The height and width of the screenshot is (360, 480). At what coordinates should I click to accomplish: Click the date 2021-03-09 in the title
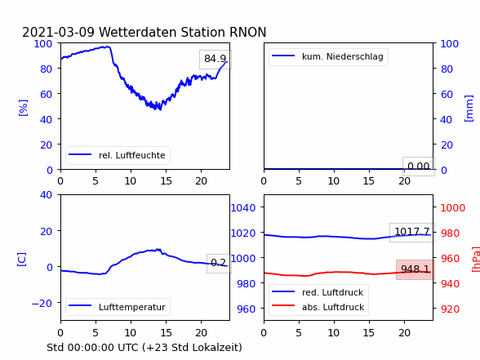point(58,32)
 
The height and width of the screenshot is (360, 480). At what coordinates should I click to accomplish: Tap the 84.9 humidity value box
point(216,59)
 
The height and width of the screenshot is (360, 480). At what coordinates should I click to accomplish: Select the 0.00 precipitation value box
point(419,167)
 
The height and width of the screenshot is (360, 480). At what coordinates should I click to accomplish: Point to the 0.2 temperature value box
point(219,263)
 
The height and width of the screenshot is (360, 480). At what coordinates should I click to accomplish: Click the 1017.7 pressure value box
point(412,232)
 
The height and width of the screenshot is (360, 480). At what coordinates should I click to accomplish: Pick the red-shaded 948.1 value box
point(415,269)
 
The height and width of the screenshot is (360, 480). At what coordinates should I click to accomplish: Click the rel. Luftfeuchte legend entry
point(118,155)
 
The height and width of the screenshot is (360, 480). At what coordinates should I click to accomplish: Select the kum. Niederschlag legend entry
point(328,56)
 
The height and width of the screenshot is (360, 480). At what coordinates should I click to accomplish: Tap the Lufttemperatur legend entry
point(118,307)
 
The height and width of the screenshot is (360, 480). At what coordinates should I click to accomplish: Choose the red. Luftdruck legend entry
point(318,292)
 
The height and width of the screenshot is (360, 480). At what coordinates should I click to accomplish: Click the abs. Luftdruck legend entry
point(318,307)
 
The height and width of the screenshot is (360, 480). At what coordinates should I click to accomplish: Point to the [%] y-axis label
point(23,108)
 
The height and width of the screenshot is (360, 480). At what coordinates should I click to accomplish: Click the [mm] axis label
point(469,109)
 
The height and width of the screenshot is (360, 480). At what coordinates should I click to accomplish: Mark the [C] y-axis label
point(21,260)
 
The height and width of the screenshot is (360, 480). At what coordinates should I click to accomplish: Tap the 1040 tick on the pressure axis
point(243,208)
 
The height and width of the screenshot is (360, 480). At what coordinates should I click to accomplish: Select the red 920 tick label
point(450,309)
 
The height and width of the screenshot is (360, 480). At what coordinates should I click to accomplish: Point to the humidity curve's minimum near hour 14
point(160,109)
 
